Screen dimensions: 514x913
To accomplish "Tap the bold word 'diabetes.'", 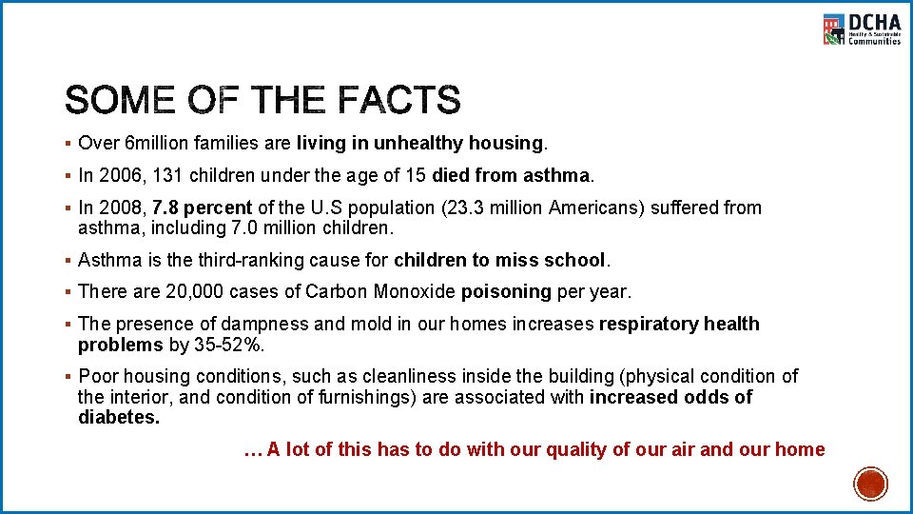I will click(x=119, y=417).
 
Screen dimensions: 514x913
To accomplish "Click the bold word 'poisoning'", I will click(x=505, y=291).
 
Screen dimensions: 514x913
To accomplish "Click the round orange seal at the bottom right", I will click(x=869, y=484).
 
